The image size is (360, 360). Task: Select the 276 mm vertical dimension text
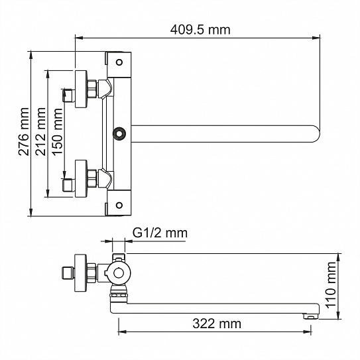coord(23,133)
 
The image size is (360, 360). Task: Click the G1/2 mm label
coord(159,233)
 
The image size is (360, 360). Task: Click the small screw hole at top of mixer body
coord(119,64)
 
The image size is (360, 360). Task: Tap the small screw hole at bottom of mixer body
coord(119,204)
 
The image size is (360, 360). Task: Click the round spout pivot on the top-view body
coord(119,134)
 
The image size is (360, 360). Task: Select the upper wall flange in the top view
coord(83,88)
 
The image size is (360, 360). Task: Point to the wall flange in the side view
coord(83,272)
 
